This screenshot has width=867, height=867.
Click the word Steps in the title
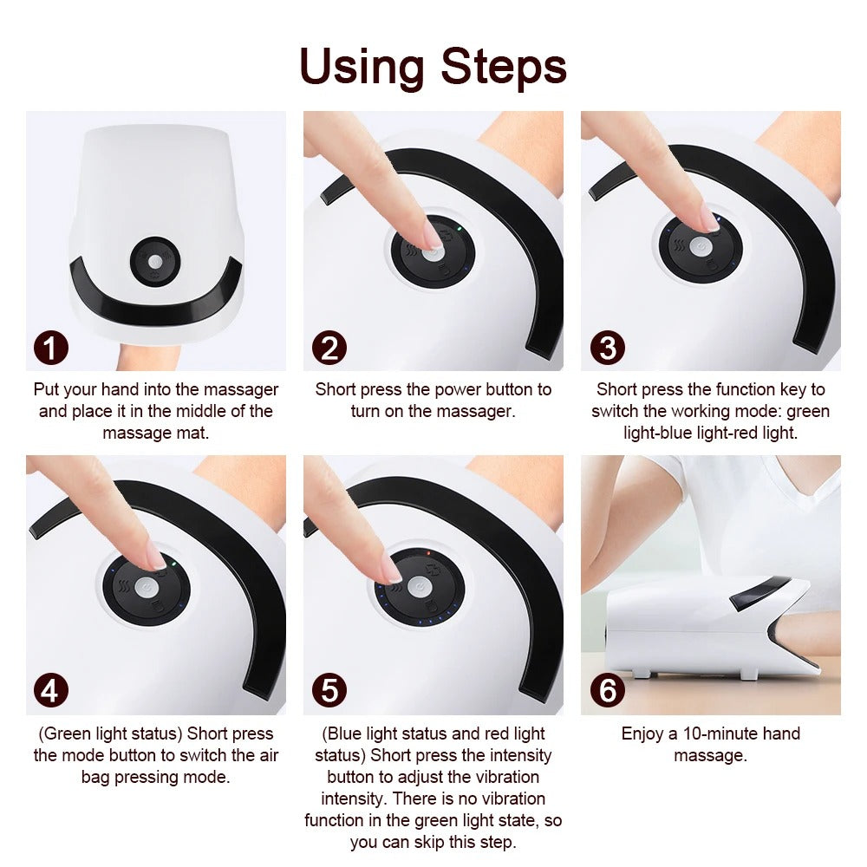pos(504,67)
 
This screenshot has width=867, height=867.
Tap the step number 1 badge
pos(51,349)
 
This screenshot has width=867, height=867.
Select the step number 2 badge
pos(329,349)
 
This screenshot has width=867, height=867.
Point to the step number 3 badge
pos(606,349)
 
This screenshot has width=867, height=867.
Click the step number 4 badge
pos(51,691)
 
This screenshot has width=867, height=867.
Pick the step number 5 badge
pos(329,691)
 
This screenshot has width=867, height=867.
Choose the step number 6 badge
pos(606,691)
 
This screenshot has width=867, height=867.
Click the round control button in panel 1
pos(156,260)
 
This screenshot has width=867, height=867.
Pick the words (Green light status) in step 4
pos(110,734)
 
